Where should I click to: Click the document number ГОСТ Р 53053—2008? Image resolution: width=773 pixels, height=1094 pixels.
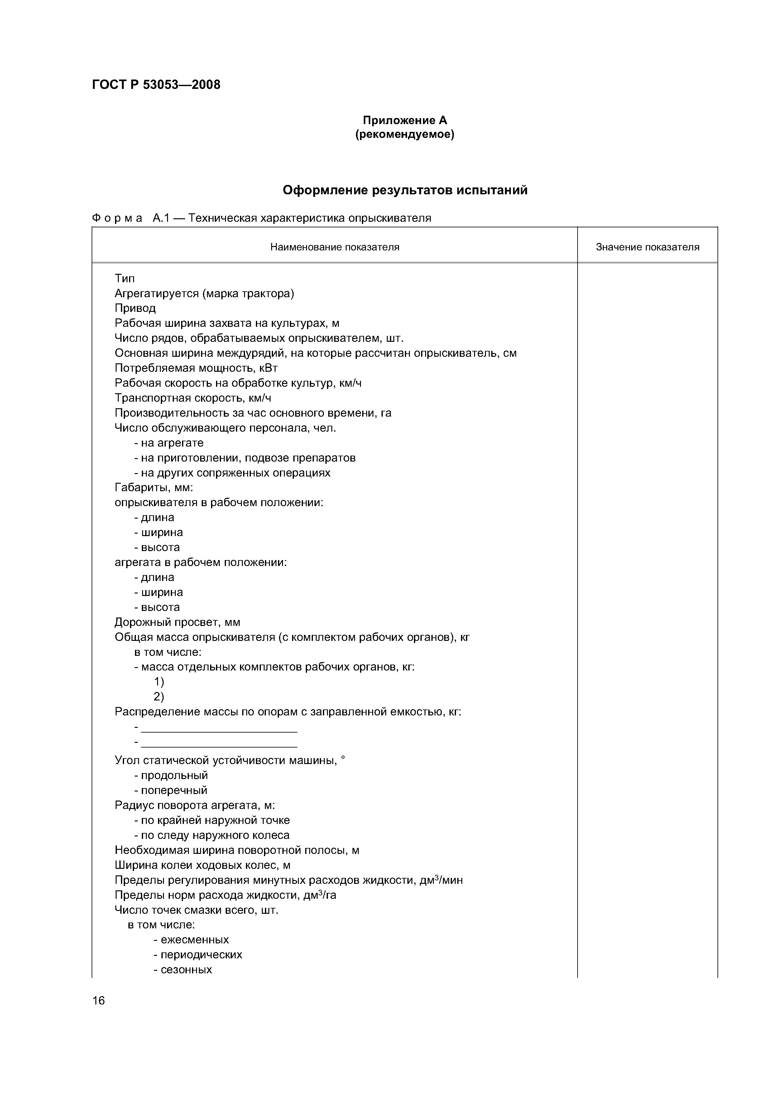(x=156, y=85)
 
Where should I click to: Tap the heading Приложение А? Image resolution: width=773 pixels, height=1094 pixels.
(x=405, y=121)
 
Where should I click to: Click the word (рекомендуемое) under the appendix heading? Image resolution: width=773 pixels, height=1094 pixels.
(x=405, y=135)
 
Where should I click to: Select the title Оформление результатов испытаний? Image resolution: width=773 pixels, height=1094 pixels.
(x=405, y=190)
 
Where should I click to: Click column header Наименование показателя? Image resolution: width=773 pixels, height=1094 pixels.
(x=334, y=247)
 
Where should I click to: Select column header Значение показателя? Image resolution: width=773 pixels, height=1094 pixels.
(x=647, y=247)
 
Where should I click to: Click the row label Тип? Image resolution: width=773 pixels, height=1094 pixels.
(x=125, y=278)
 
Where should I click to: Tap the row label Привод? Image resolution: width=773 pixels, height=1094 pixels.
(x=135, y=308)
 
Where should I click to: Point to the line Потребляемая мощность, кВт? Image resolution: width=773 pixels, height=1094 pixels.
(x=196, y=368)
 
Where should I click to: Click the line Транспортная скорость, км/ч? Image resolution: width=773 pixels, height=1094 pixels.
(x=193, y=398)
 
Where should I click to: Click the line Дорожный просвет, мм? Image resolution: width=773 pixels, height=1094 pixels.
(x=177, y=622)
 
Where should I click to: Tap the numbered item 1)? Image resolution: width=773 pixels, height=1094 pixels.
(x=159, y=682)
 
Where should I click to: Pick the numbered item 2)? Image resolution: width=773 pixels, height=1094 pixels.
(x=159, y=697)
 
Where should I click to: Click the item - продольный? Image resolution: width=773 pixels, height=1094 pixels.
(x=171, y=775)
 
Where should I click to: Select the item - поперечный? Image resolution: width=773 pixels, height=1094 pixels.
(x=171, y=790)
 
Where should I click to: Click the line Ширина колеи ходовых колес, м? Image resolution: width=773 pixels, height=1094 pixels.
(x=202, y=865)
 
